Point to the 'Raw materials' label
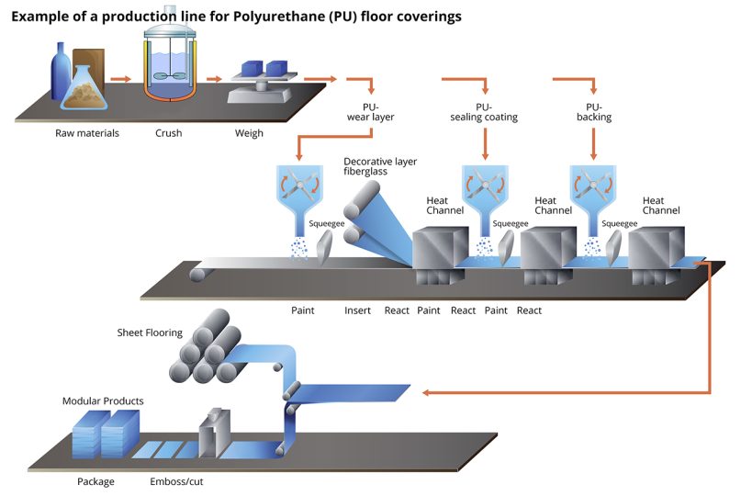(86, 133)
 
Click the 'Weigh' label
(249, 133)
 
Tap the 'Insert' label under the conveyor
(357, 310)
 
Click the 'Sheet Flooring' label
(150, 333)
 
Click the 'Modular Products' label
(103, 401)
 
